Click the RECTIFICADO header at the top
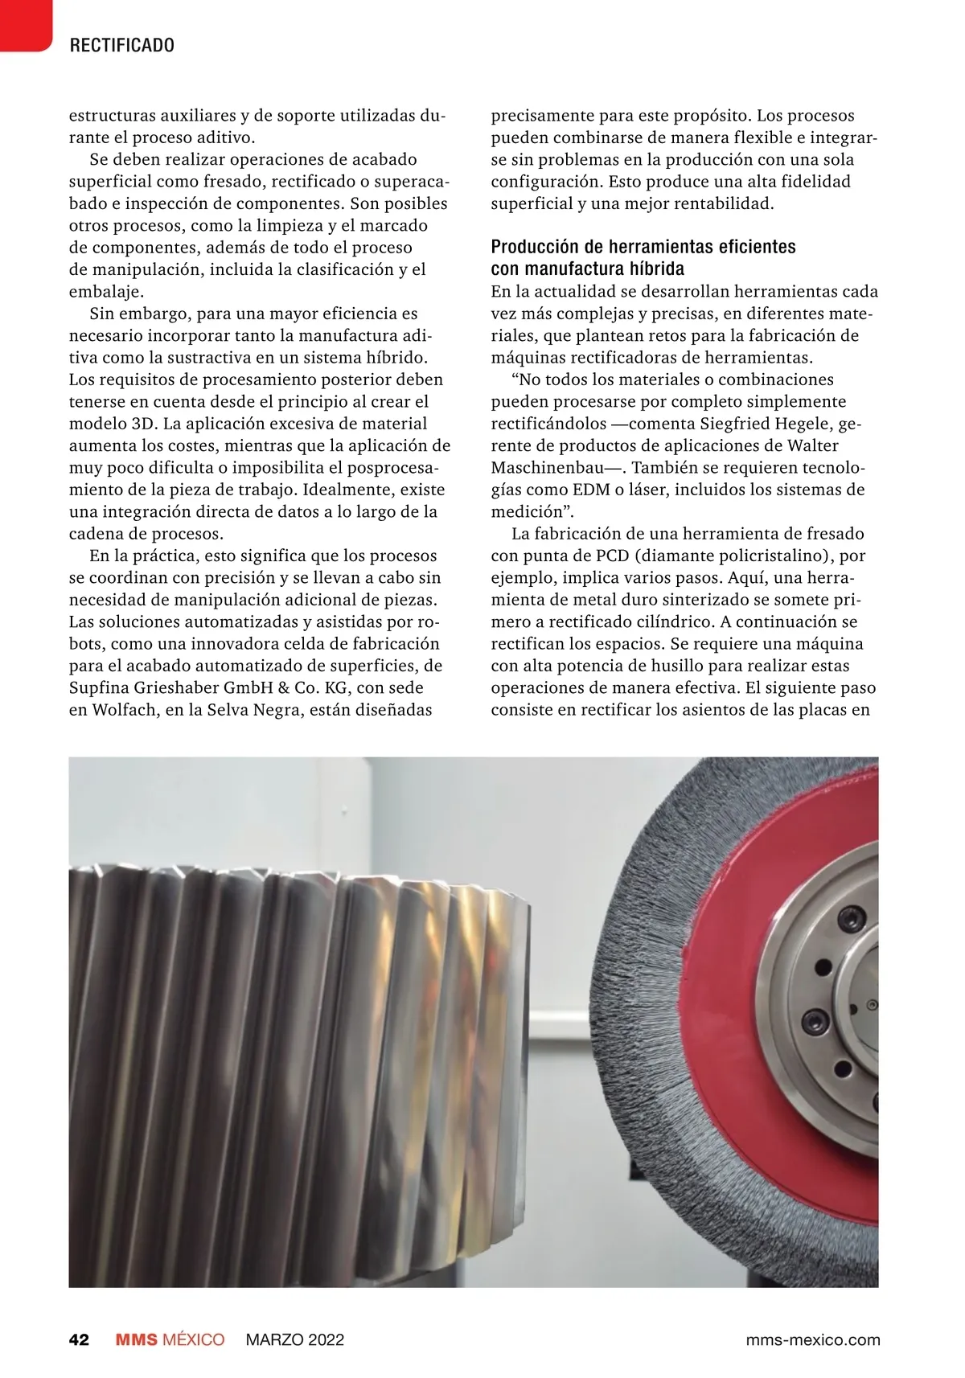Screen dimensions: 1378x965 point(122,45)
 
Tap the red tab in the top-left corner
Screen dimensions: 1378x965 point(24,24)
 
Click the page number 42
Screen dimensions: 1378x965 point(79,1339)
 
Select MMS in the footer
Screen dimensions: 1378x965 point(135,1339)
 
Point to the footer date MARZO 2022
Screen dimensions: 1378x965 point(294,1339)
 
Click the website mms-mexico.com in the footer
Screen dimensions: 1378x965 point(813,1339)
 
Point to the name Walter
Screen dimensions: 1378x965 point(813,446)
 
